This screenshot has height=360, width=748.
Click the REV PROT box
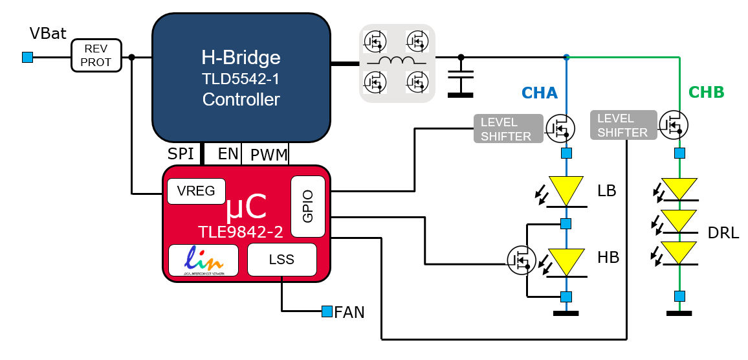point(96,56)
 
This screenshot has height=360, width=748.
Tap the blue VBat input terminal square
point(27,58)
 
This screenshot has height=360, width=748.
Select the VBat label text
point(48,34)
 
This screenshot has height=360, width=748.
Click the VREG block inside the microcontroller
point(196,192)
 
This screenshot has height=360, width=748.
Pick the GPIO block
point(307,207)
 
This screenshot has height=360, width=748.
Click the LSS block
point(281,260)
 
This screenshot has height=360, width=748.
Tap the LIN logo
point(204,260)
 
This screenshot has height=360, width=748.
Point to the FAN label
point(349,313)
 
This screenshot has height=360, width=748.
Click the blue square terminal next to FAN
point(327,312)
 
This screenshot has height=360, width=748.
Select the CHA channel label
point(540,93)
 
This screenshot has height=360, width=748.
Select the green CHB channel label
point(707,93)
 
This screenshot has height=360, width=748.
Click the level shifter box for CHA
point(507,128)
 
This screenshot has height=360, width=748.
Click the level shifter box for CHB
point(622,125)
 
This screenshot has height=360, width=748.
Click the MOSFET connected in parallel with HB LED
point(520,260)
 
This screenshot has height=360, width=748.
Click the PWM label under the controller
point(269,154)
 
